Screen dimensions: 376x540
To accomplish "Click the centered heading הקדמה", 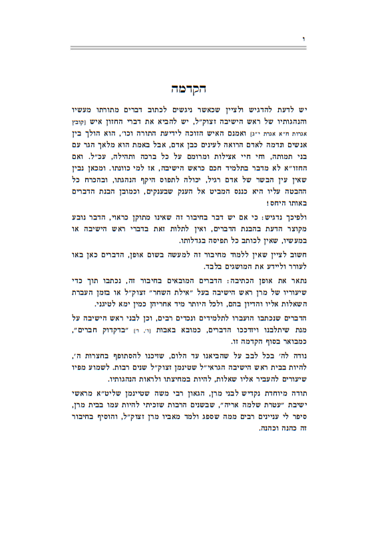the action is [x=188, y=88].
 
